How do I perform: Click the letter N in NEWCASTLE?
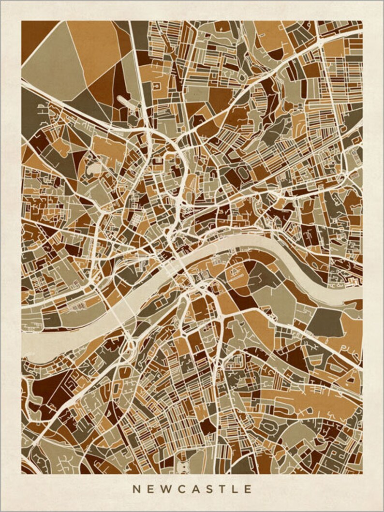tap(136, 489)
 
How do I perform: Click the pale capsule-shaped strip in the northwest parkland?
tap(125, 103)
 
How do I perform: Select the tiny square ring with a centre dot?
tap(157, 85)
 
